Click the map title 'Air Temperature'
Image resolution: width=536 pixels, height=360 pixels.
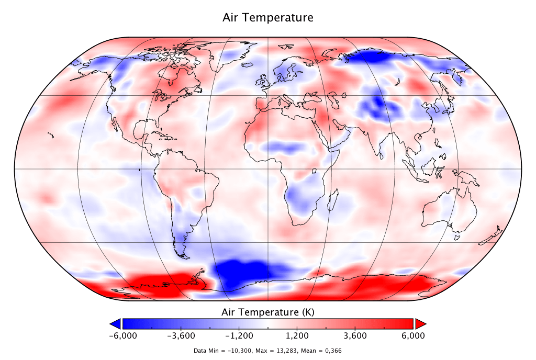[268, 17]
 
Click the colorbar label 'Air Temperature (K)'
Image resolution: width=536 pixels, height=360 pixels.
[268, 312]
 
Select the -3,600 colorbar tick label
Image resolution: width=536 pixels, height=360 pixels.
[181, 335]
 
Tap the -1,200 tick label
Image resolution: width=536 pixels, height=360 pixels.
[239, 335]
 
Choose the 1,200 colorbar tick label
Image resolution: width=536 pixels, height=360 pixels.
[297, 335]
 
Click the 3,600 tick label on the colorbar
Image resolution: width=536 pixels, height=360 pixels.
[355, 335]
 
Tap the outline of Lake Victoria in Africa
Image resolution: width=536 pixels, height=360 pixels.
[316, 171]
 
